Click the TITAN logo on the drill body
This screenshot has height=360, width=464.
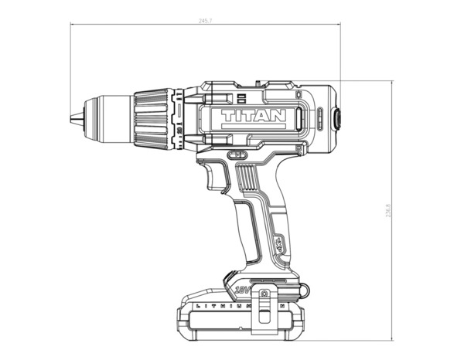coord(254,117)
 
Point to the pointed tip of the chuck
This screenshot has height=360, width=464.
coord(71,118)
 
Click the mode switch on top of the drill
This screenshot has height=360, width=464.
coord(240,97)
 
